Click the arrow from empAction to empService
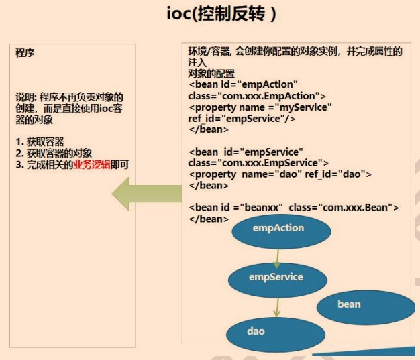pyautogui.click(x=276, y=257)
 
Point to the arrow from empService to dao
pyautogui.click(x=276, y=306)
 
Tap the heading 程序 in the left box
pyautogui.click(x=25, y=53)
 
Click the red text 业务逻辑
pyautogui.click(x=92, y=165)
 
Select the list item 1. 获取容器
pyautogui.click(x=42, y=141)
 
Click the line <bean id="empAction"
pyautogui.click(x=243, y=85)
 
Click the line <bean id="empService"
pyautogui.click(x=246, y=152)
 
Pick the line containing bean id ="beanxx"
pyautogui.click(x=294, y=208)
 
